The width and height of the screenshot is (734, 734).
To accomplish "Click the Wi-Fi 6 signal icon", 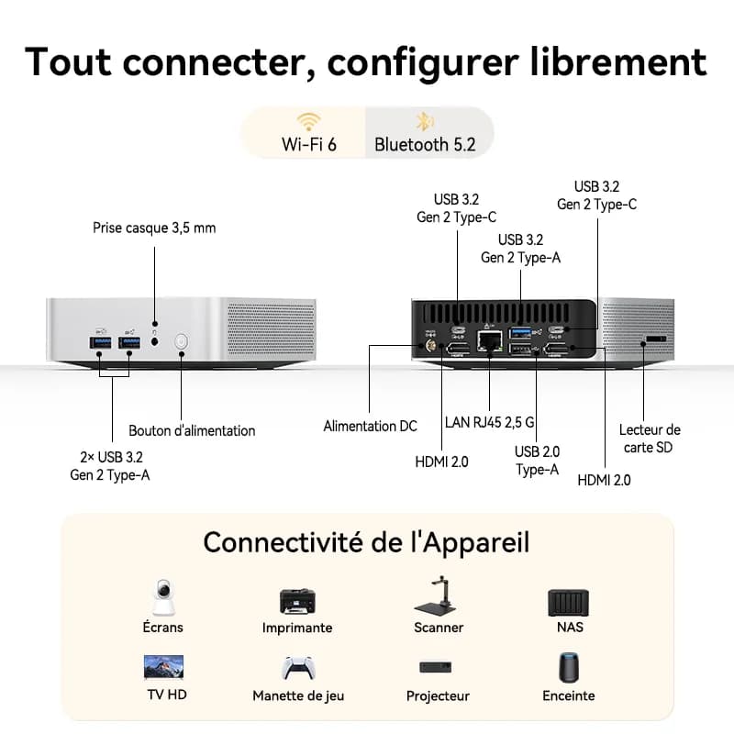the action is (x=308, y=122).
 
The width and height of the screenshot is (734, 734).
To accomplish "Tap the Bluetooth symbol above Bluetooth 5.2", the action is (x=425, y=122).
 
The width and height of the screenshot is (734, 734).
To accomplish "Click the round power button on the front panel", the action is (x=181, y=341).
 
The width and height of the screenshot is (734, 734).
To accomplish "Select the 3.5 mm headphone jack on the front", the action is (x=155, y=341).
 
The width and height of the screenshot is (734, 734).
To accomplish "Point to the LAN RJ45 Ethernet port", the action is (x=490, y=341).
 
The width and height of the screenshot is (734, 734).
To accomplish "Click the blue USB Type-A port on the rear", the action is (x=520, y=333).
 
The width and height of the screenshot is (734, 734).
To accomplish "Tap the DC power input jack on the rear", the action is (x=429, y=347).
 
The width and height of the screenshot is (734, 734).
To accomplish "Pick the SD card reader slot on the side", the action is (x=656, y=339).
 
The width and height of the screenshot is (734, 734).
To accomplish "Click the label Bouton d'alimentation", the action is (x=192, y=430).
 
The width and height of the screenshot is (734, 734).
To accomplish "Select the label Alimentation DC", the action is (x=371, y=426).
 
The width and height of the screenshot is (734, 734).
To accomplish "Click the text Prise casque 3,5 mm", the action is (x=154, y=228).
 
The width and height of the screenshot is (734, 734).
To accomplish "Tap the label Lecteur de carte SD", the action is (x=650, y=439).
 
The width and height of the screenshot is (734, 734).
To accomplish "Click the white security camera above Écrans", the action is (x=163, y=598).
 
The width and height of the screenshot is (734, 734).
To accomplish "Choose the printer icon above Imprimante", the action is (x=297, y=601).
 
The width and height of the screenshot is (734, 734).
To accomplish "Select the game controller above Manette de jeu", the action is (x=298, y=668).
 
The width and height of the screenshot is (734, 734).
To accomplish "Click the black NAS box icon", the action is (x=568, y=603).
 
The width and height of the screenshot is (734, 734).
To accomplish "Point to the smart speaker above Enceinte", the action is (x=569, y=668).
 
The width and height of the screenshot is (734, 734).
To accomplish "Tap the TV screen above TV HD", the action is (x=164, y=667).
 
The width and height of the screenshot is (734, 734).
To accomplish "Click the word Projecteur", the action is (x=438, y=696).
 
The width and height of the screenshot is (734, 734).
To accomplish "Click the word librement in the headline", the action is (x=617, y=61).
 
